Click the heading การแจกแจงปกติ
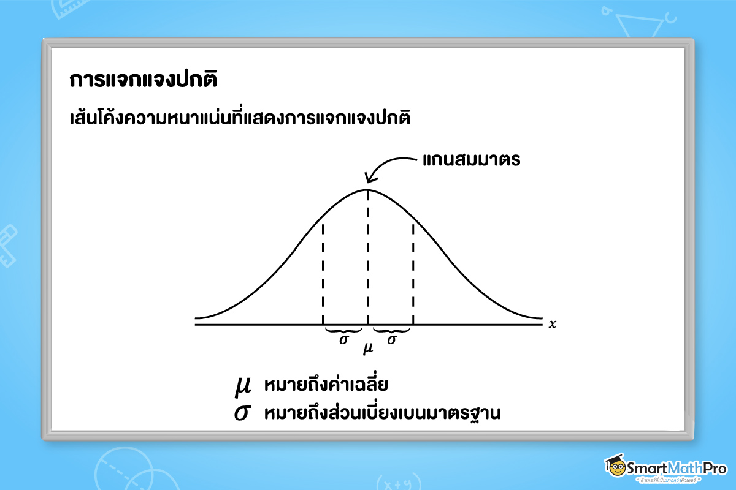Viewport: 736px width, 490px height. click(x=144, y=81)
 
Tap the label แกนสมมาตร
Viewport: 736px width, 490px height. click(x=471, y=160)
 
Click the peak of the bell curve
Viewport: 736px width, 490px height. click(x=368, y=189)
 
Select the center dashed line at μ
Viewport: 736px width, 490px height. click(x=368, y=257)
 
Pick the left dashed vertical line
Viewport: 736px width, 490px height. click(x=323, y=273)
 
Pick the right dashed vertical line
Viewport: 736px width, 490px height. click(x=413, y=273)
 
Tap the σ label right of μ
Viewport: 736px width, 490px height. click(x=391, y=339)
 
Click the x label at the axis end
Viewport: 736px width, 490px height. click(x=552, y=324)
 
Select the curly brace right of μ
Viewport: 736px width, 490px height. click(x=391, y=330)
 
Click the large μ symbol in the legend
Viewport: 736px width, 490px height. click(x=243, y=386)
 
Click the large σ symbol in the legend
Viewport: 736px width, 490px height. click(x=243, y=412)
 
